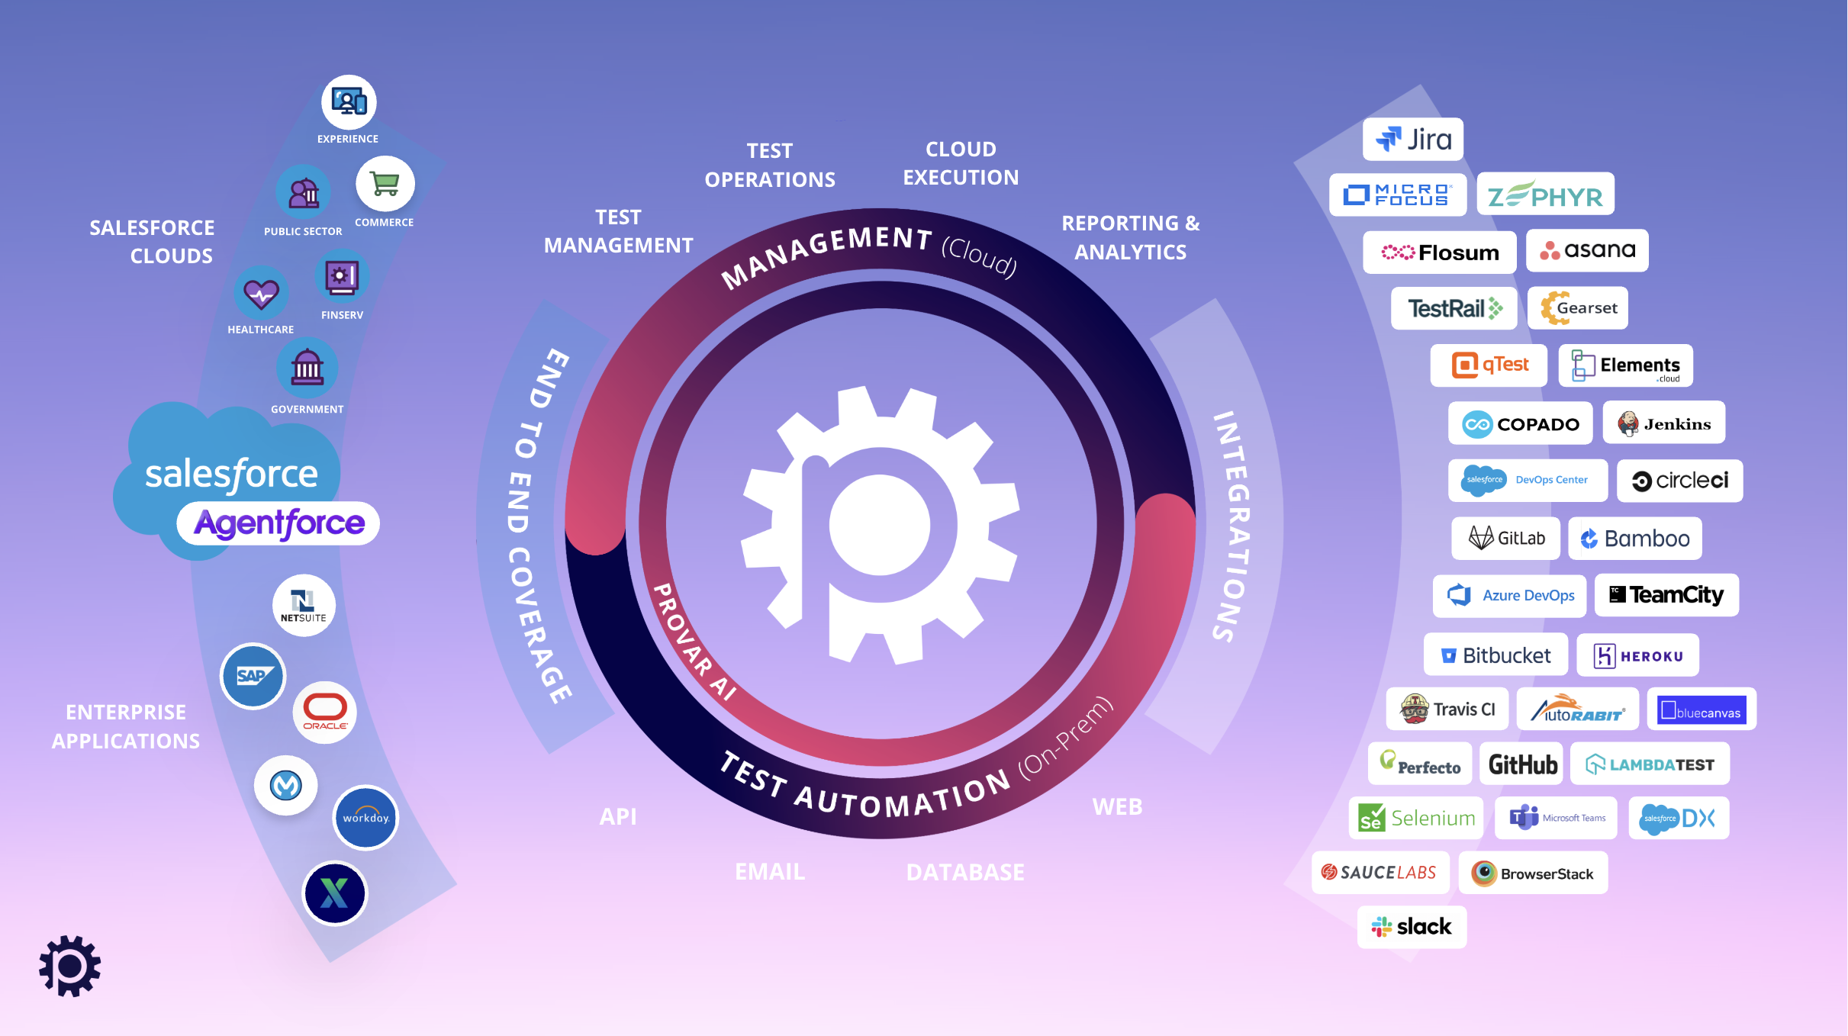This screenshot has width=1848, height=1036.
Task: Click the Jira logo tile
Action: pos(1413,139)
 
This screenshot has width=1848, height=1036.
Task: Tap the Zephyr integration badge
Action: pos(1545,195)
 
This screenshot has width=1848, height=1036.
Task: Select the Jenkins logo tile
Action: pos(1664,423)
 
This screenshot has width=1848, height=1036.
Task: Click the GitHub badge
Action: pos(1521,764)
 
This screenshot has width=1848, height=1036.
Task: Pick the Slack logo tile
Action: pos(1412,927)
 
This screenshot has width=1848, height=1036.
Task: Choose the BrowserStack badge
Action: pos(1533,873)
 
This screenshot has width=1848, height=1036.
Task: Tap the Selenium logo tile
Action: pos(1416,818)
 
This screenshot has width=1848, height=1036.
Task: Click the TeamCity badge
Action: pos(1666,595)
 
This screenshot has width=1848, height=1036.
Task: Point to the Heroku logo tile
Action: pos(1637,655)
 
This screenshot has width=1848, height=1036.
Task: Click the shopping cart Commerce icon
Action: pos(385,185)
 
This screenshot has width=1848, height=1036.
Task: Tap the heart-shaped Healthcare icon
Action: pos(261,294)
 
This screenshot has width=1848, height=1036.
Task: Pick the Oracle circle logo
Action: pos(325,713)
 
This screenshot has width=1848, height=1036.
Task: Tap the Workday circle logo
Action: pos(365,818)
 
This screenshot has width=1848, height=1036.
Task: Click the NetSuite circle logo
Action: pos(304,606)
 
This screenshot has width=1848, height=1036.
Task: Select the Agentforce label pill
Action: pos(278,523)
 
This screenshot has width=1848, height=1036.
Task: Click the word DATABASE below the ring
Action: pos(965,872)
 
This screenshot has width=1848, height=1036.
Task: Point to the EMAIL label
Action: pos(770,871)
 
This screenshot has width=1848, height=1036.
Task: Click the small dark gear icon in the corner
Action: pos(69,966)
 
